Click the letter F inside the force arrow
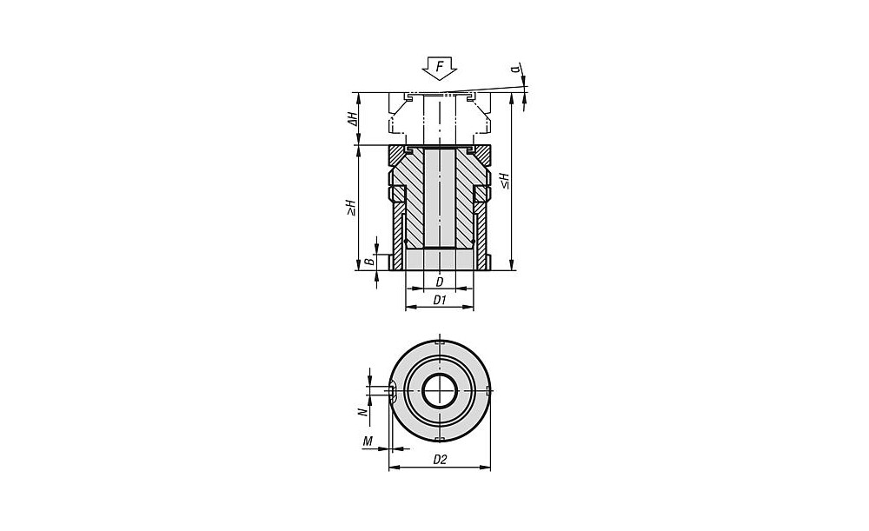click(440, 67)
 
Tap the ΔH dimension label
click(353, 118)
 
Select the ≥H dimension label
click(351, 208)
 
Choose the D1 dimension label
click(440, 300)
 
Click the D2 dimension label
click(440, 460)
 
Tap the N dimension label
click(362, 413)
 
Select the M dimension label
click(367, 441)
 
